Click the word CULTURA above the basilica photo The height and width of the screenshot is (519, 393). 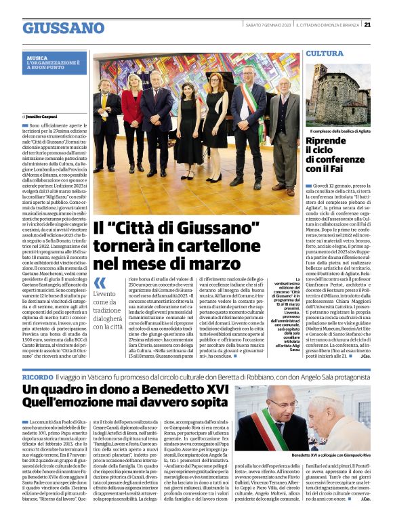tap(325, 53)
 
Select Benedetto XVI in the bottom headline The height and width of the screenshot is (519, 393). tap(184, 390)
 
